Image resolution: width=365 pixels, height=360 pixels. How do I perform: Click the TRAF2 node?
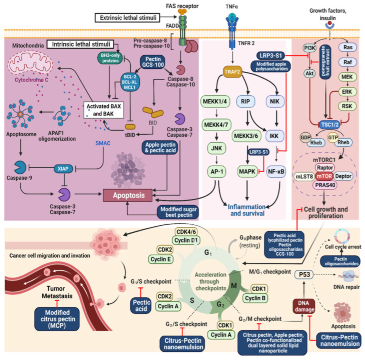(x=233, y=72)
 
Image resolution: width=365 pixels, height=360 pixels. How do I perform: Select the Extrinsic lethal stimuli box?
(x=127, y=18)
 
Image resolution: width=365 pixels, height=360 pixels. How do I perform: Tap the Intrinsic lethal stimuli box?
(x=80, y=44)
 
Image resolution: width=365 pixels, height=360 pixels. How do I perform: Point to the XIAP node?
(x=63, y=169)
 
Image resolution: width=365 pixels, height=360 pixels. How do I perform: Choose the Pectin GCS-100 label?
(x=153, y=62)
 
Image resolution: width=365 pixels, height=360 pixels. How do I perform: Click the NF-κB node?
(x=276, y=171)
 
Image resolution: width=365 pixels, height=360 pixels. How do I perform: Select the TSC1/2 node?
(x=330, y=124)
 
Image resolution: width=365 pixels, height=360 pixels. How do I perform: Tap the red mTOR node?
(x=324, y=176)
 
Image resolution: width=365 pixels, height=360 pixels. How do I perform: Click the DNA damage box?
(x=304, y=306)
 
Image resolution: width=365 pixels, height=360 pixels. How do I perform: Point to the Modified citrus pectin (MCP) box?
(x=57, y=319)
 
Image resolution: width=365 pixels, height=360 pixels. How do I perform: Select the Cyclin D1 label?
(x=186, y=240)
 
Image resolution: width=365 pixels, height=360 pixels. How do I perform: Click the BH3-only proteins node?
(x=110, y=58)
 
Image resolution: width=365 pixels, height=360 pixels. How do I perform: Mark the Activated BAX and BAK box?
(x=104, y=110)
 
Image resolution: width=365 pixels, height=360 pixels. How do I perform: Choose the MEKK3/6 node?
(x=246, y=136)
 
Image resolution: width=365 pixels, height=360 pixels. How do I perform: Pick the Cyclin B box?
(x=255, y=298)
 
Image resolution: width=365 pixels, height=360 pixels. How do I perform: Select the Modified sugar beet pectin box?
(x=178, y=212)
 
